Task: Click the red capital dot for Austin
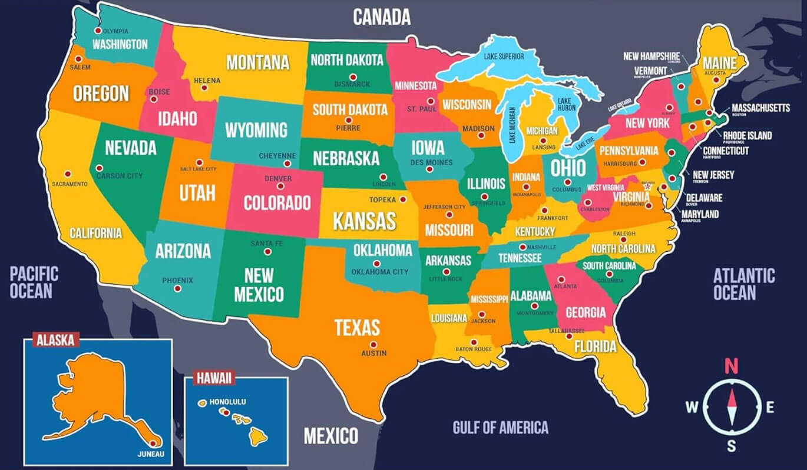pos(373,345)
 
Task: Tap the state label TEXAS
pos(357,327)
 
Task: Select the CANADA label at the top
pos(381,17)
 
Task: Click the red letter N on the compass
pos(731,366)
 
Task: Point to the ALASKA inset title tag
pos(55,339)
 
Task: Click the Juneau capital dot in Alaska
pos(154,444)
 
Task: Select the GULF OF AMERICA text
pos(500,427)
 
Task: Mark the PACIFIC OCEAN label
pos(34,282)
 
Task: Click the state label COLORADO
pos(277,203)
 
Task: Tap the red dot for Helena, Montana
pos(204,88)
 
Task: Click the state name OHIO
pos(568,167)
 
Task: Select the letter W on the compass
pos(692,406)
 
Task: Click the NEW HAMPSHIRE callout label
pos(651,56)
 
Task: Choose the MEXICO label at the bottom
pos(330,436)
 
